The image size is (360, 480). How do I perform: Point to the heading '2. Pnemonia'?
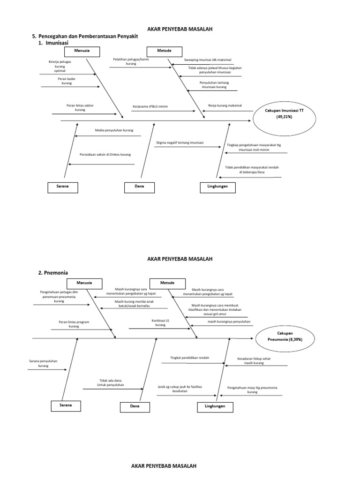pos(53,273)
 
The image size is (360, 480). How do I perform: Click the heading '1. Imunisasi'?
pos(53,43)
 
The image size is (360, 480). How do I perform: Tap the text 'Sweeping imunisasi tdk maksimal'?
pos(208,60)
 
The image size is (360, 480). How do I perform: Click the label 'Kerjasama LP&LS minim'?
pos(150,106)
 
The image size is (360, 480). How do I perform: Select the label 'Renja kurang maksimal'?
pos(225,105)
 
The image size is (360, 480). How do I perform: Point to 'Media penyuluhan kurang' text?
pos(114,130)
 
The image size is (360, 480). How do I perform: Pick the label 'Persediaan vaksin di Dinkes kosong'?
pos(105,155)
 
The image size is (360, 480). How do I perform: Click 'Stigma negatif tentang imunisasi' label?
pos(180,142)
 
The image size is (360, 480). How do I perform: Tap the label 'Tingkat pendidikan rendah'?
pos(190,358)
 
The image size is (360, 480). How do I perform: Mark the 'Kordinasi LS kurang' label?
pos(160,322)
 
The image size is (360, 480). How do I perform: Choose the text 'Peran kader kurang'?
pos(67,81)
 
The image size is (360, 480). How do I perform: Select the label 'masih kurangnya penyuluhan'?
pos(229,322)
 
